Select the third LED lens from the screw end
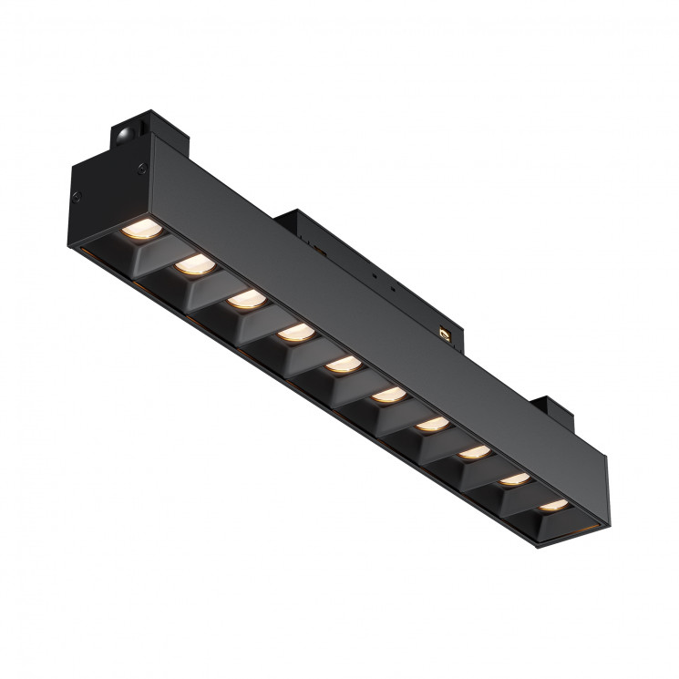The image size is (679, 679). point(243,299)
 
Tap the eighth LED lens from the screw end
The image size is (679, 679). point(472,452)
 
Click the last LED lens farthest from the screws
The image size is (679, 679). point(551,504)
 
